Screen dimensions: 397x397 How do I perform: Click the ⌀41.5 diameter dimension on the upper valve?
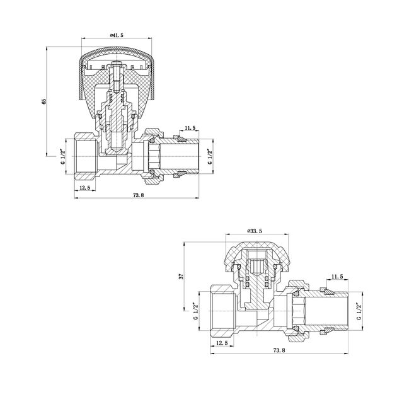pos(117,35)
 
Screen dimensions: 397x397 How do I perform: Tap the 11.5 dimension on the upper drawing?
pos(190,128)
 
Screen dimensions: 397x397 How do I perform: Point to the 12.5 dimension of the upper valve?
pos(84,188)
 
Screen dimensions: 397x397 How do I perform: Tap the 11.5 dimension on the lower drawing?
pos(337,277)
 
